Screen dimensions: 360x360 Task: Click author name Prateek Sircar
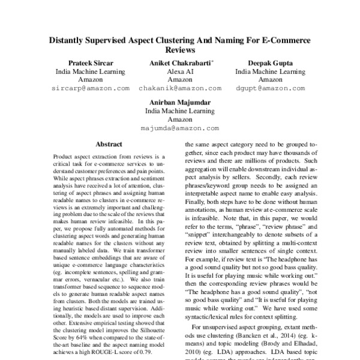91,62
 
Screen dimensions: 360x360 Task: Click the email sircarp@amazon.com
91,88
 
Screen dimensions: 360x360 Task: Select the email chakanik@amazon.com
179,88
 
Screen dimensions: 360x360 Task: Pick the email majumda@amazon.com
179,128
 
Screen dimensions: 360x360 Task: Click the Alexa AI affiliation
179,71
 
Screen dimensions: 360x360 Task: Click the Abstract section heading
109,145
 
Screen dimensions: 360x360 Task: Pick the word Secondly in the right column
259,178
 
